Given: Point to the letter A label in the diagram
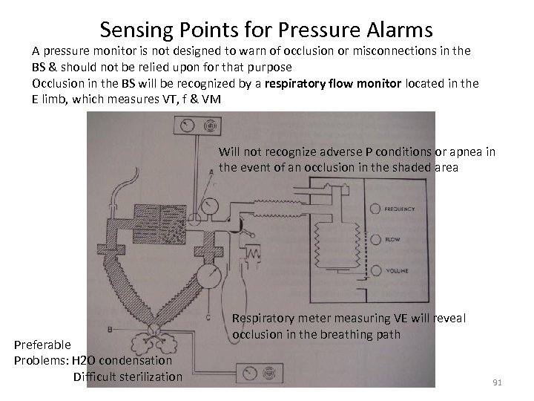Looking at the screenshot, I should (211, 170).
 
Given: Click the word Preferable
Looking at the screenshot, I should (42, 345).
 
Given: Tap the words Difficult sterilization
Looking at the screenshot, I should (128, 376).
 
